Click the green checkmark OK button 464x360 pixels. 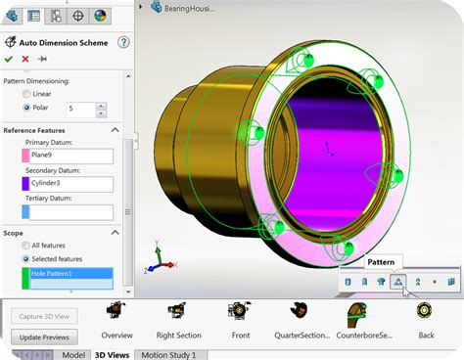[10, 59]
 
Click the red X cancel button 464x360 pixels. [25, 59]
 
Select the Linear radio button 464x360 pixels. [26, 93]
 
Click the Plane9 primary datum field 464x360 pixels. [67, 156]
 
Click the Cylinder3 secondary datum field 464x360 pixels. [67, 183]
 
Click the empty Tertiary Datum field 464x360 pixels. [67, 211]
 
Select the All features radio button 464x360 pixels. [26, 245]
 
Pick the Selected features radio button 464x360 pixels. [26, 258]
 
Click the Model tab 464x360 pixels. [72, 354]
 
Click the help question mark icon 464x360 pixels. [123, 42]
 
